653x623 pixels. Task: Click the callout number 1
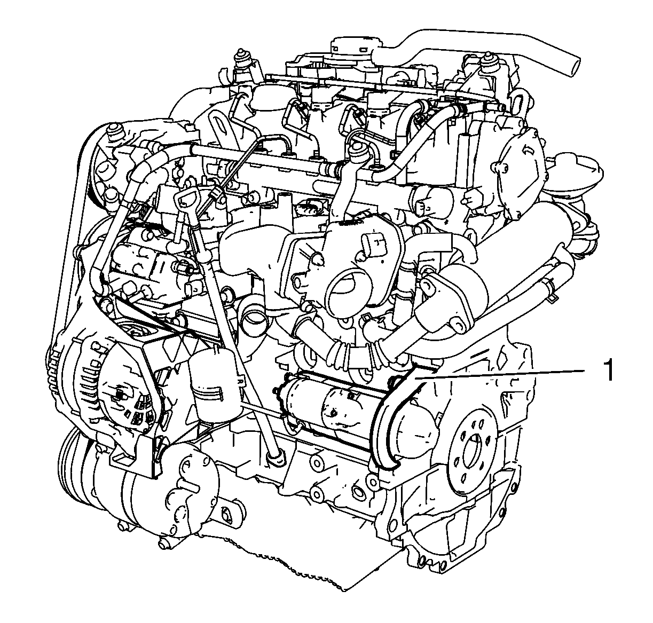(x=608, y=371)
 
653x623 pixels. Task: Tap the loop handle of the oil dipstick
(x=186, y=199)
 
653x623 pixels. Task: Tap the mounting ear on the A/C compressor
(x=229, y=511)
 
